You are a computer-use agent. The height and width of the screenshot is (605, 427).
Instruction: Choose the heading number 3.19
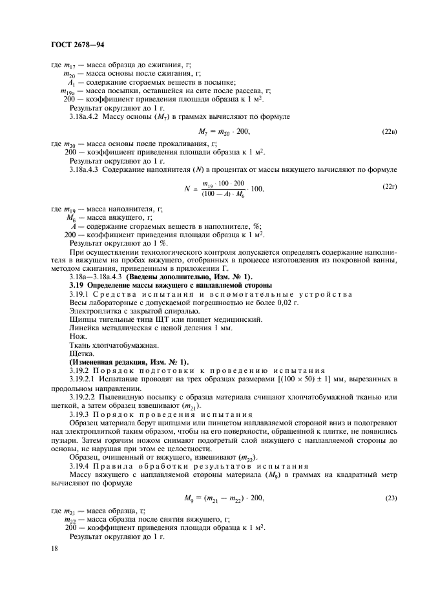coord(77,285)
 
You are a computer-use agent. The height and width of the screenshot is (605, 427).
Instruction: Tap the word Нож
coord(76,337)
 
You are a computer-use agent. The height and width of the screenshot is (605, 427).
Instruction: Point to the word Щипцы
coord(82,319)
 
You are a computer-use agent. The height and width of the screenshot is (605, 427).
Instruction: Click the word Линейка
coord(85,328)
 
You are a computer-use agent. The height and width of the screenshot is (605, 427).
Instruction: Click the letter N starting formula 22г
coord(186,189)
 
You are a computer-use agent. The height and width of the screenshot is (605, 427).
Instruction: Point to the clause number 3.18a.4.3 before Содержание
coord(87,169)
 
